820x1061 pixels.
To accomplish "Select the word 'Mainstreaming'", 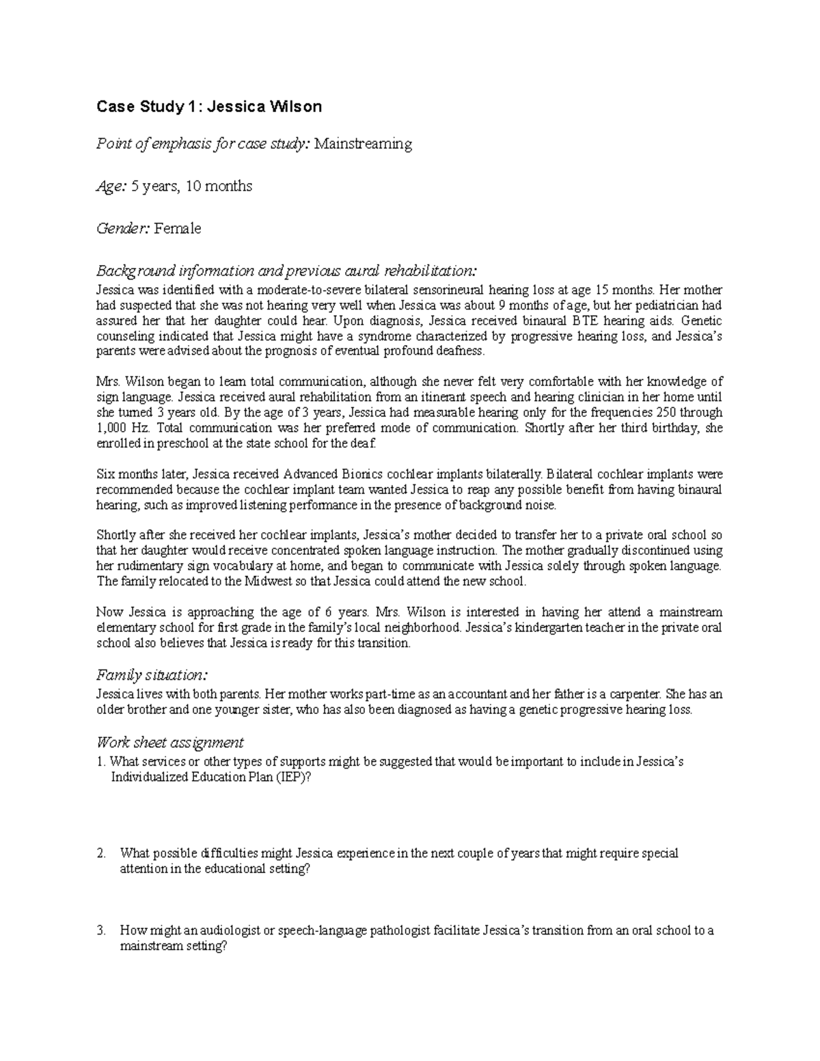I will [363, 144].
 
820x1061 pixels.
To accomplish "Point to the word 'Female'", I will [178, 228].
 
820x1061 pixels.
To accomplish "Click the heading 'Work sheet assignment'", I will [169, 742].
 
